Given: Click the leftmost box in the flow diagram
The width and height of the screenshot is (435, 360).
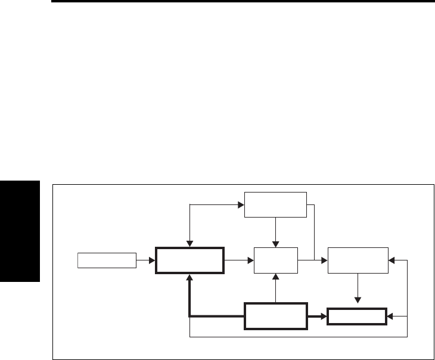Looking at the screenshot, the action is [x=107, y=260].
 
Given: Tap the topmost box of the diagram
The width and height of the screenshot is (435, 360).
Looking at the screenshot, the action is [x=275, y=206].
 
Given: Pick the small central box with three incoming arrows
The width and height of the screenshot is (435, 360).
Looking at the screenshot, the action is [x=275, y=260].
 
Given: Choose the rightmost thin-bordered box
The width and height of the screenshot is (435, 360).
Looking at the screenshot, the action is [x=358, y=260].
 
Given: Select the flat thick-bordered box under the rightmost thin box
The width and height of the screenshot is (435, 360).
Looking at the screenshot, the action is [x=356, y=316].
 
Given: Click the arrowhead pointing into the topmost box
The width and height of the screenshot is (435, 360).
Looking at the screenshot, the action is [x=241, y=206].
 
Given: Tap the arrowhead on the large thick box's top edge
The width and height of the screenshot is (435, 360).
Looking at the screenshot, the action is [x=189, y=244].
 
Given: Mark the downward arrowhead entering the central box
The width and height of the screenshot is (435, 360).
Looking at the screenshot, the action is [x=275, y=243].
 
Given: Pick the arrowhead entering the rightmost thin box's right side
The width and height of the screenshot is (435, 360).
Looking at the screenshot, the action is [x=392, y=260].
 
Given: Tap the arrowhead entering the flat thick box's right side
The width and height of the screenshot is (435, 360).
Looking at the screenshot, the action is [x=390, y=316].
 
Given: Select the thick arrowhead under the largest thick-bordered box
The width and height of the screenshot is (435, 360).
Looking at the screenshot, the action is [x=189, y=278].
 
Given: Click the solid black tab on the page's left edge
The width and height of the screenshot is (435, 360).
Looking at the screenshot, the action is [x=20, y=232].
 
